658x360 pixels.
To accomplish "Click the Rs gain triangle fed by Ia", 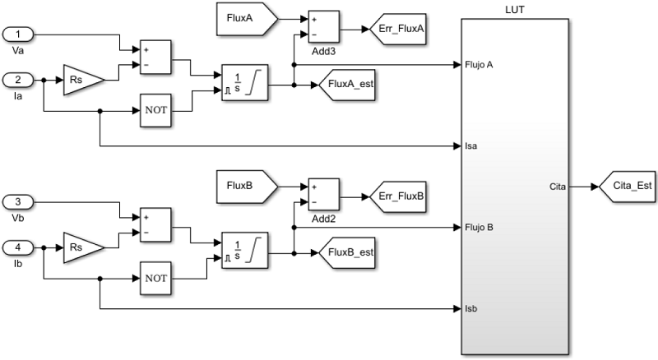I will (x=83, y=81).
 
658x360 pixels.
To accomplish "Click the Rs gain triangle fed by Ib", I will (x=83, y=245).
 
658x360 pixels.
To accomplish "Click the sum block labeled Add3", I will (x=321, y=28).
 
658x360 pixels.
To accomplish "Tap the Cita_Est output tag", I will (x=628, y=187).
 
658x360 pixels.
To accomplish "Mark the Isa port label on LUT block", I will (x=473, y=147).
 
